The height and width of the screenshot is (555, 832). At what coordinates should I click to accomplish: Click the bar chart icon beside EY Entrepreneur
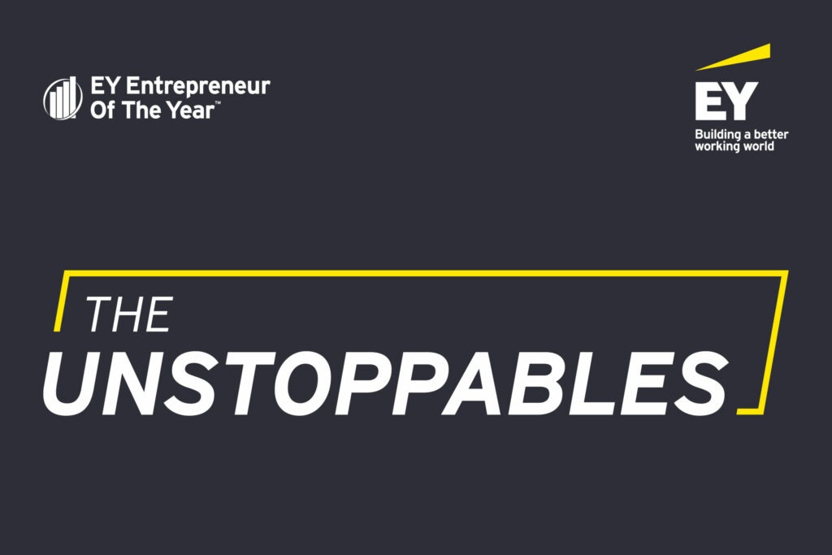click(63, 98)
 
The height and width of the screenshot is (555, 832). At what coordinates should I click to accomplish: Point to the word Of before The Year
click(102, 110)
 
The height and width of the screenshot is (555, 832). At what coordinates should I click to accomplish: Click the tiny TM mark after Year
click(218, 103)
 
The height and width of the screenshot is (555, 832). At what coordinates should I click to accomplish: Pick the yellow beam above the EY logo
click(733, 58)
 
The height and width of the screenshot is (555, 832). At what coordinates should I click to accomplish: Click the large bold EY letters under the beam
click(726, 101)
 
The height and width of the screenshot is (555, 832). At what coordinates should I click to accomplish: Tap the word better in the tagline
click(771, 134)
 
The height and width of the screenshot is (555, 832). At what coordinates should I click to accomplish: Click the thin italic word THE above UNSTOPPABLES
click(129, 314)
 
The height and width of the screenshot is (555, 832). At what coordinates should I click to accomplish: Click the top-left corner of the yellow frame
click(63, 273)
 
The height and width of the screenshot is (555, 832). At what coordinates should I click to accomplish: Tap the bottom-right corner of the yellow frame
click(762, 411)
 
